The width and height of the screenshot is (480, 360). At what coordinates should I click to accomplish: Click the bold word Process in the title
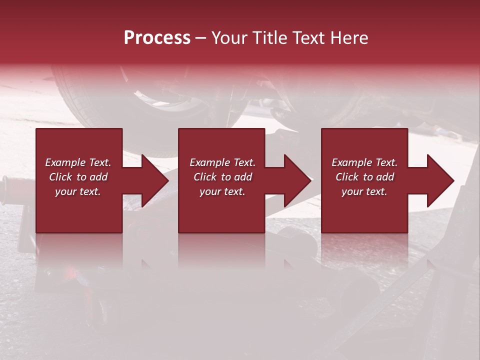(x=157, y=38)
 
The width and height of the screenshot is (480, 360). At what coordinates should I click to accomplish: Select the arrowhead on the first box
(x=154, y=180)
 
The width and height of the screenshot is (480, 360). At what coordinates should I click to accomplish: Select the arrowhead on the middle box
(x=296, y=180)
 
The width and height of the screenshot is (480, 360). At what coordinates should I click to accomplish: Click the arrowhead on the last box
(x=439, y=180)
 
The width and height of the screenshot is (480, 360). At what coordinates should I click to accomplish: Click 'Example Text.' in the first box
(x=78, y=162)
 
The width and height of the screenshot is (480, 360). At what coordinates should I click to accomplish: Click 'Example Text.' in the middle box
(x=222, y=162)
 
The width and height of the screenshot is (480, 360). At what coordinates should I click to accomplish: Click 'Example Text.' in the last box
(x=364, y=162)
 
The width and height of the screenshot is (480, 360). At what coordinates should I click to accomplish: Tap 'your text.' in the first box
(x=78, y=191)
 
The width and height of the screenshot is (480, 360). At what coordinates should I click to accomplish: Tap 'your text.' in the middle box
(x=222, y=191)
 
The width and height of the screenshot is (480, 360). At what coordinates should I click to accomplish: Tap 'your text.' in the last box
(x=364, y=191)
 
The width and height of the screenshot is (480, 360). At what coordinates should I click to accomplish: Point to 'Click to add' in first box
(x=78, y=177)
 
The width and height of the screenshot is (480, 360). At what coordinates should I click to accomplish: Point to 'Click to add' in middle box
(x=222, y=177)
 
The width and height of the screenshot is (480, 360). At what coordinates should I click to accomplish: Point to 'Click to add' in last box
(x=364, y=177)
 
